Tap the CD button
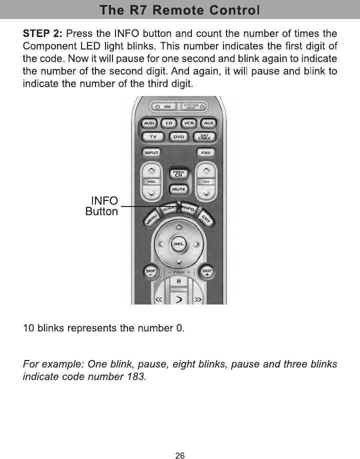pyautogui.click(x=169, y=123)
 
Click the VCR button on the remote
pyautogui.click(x=188, y=123)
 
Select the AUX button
pyautogui.click(x=208, y=123)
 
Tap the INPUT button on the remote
pyautogui.click(x=151, y=152)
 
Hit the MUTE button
pyautogui.click(x=178, y=189)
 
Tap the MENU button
pyautogui.click(x=152, y=218)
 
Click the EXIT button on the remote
pyautogui.click(x=205, y=218)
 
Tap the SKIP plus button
pyautogui.click(x=206, y=272)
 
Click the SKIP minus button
pyautogui.click(x=150, y=272)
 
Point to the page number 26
pyautogui.click(x=180, y=441)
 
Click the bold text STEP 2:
pyautogui.click(x=43, y=34)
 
